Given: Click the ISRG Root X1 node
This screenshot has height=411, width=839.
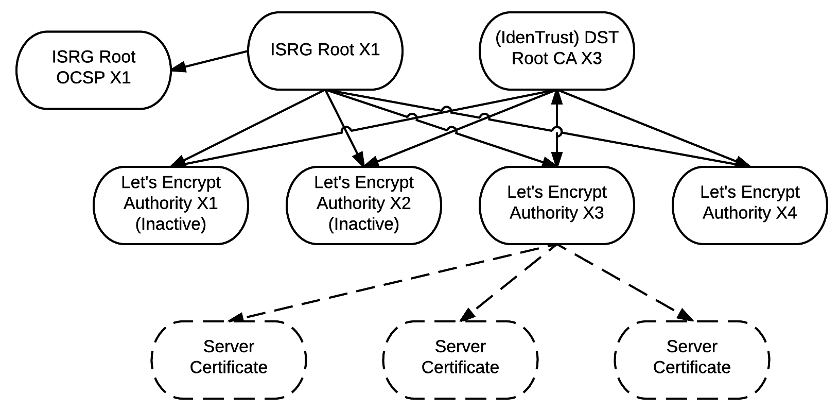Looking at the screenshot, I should (325, 50).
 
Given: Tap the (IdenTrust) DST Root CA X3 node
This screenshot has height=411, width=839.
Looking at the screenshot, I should (556, 50).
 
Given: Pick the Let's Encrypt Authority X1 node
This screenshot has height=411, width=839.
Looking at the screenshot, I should (170, 204).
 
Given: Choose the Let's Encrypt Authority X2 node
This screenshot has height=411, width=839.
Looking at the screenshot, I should (363, 204).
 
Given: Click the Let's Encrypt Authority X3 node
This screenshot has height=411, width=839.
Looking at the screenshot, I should (556, 204).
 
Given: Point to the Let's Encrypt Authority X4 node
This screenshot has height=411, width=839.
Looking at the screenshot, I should (749, 204).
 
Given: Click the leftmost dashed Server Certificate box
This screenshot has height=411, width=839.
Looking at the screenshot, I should (229, 359).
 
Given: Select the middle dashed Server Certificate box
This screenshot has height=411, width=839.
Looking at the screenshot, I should (460, 359).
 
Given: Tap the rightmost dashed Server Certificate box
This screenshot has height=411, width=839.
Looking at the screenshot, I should (692, 359).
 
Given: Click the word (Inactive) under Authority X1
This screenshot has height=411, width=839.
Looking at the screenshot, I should (170, 225).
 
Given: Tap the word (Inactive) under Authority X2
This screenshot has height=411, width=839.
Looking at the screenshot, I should (363, 225).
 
